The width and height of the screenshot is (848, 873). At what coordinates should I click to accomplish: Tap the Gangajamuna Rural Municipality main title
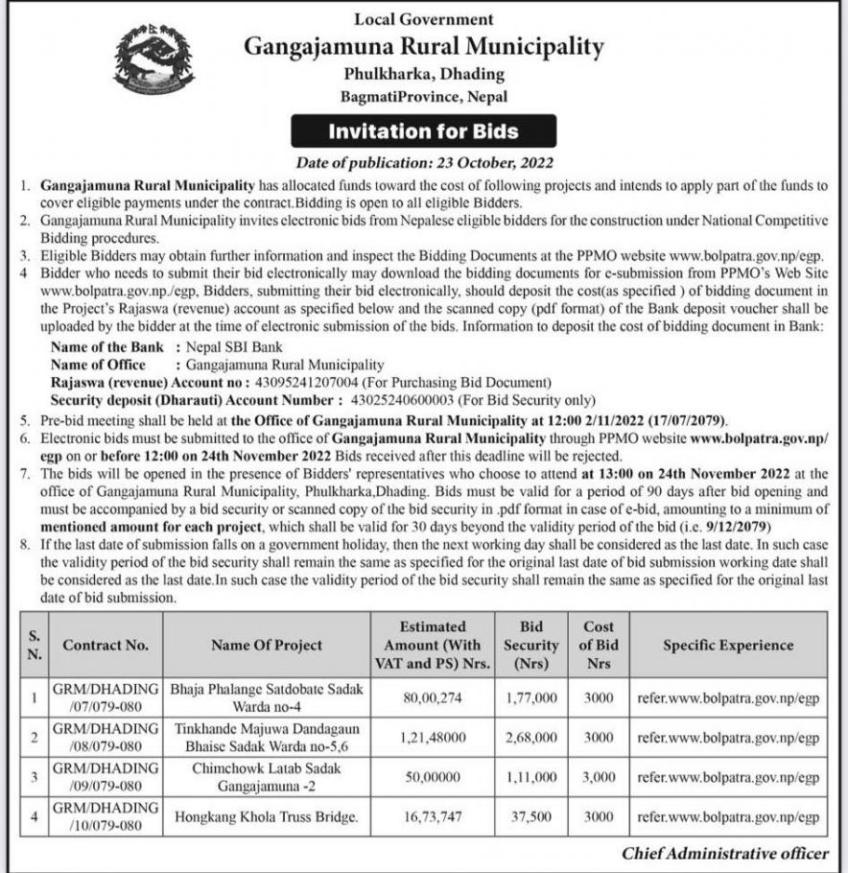(423, 46)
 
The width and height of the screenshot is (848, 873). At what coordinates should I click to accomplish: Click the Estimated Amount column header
(433, 645)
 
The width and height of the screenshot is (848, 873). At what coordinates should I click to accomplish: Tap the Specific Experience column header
(728, 645)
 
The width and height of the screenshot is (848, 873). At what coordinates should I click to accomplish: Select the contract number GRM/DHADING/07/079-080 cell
(106, 698)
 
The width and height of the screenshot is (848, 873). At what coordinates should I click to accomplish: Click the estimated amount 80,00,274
(433, 698)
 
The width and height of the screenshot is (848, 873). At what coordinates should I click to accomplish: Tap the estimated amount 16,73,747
(433, 817)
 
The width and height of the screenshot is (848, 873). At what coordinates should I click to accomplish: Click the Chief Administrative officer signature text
(724, 853)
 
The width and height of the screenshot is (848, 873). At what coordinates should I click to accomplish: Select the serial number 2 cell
(35, 738)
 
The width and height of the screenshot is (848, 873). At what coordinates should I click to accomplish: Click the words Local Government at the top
(423, 18)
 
